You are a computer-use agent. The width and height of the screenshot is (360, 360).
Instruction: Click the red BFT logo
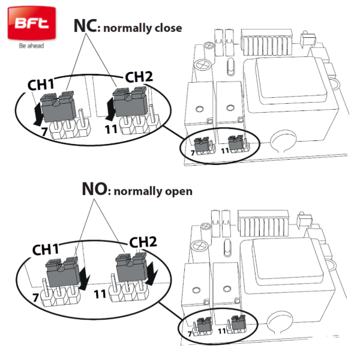coord(31,23)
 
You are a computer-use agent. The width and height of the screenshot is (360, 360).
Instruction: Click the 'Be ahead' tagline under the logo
coord(31,46)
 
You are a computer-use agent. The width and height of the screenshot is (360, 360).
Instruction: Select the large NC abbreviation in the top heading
coord(85,25)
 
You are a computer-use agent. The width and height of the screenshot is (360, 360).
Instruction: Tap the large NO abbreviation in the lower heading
coord(94,189)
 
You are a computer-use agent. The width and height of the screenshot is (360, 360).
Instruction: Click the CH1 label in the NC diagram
coord(41,84)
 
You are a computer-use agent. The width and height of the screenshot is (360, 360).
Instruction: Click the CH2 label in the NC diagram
coord(139,77)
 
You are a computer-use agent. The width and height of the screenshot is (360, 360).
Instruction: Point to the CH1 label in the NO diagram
coord(46,250)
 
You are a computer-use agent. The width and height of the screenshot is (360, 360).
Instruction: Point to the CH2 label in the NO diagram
coord(143,242)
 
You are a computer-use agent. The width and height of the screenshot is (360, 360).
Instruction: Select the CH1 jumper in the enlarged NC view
coord(58,106)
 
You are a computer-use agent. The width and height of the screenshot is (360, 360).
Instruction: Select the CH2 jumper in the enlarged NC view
coord(130,101)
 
